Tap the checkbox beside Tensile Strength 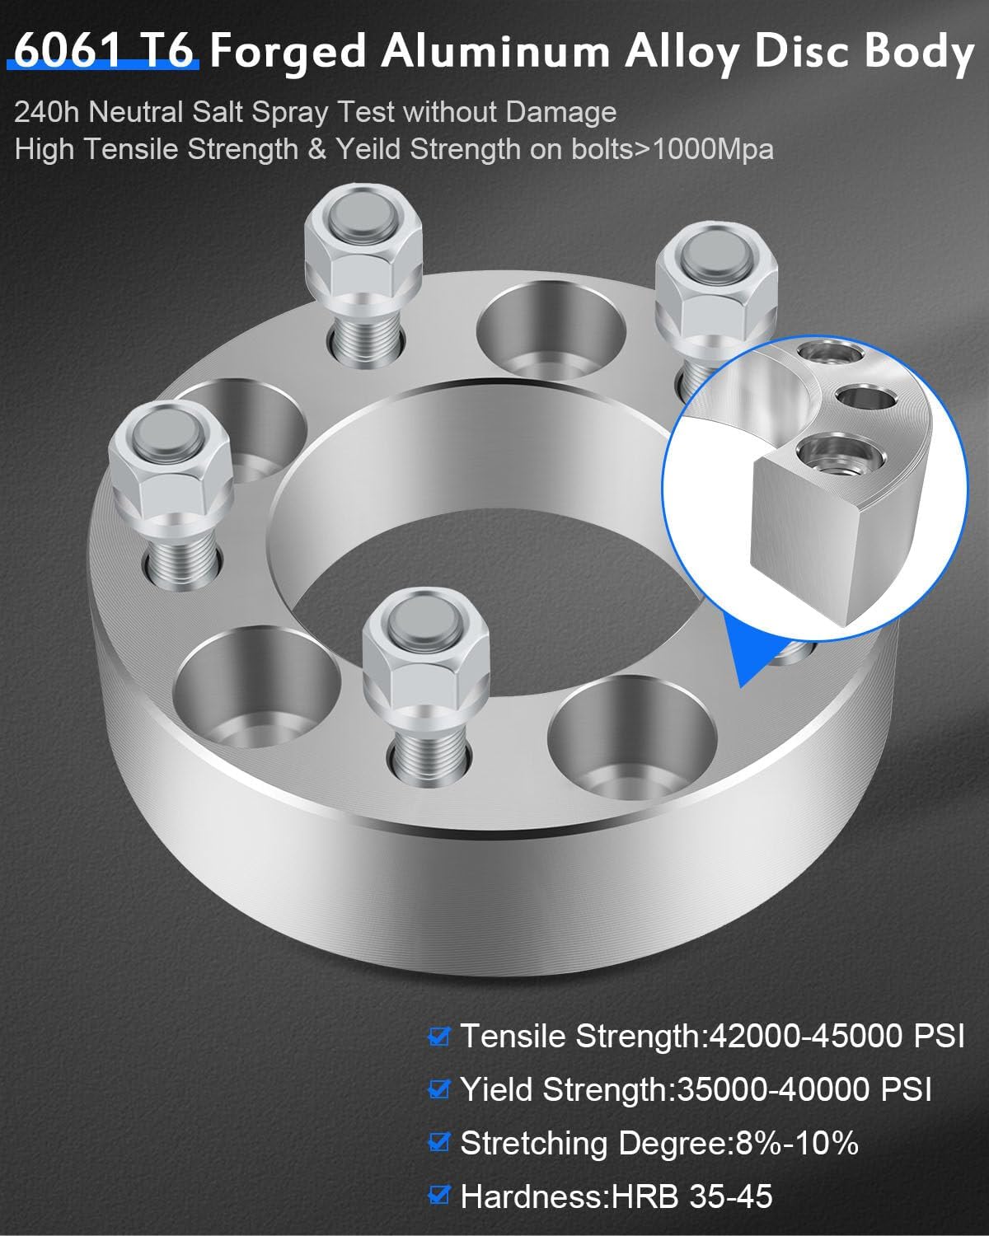[439, 1036]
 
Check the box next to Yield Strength [439, 1089]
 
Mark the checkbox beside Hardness [439, 1196]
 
